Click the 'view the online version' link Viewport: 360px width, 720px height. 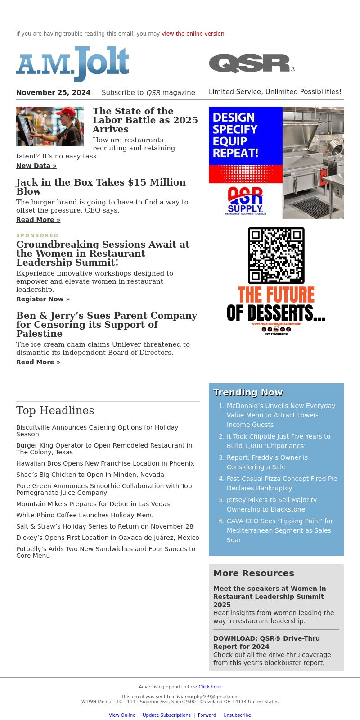193,34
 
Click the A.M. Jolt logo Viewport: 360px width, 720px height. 73,63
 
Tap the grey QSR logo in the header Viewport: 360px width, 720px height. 252,63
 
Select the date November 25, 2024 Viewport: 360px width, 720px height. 53,93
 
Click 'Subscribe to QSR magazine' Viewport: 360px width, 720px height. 148,93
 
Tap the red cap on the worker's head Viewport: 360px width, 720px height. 66,111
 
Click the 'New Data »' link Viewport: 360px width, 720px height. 36,166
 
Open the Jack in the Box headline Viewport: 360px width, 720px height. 101,186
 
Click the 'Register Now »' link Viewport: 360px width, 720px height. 43,299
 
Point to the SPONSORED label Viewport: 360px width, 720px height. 37,235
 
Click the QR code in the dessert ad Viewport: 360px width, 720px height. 276,255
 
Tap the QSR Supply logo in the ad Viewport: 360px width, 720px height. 245,201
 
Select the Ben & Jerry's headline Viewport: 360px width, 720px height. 107,324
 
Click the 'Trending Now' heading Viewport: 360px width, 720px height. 248,392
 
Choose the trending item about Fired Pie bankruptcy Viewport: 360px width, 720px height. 282,483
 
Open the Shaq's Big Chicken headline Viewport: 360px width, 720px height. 90,475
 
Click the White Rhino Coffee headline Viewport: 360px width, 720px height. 85,515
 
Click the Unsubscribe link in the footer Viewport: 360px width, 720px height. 237,715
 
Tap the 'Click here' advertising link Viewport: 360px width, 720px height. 210,687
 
